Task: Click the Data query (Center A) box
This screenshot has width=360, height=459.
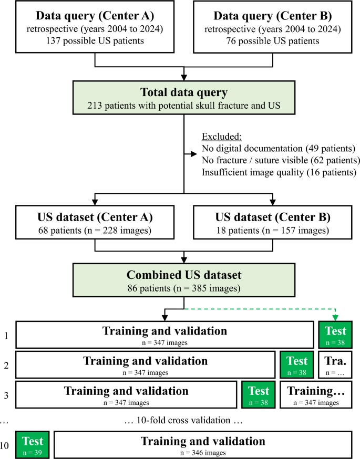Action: coord(94,26)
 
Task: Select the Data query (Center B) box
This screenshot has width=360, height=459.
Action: coord(273,26)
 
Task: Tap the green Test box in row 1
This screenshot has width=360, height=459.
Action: coord(335,335)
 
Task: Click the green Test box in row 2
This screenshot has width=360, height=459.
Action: coord(297,364)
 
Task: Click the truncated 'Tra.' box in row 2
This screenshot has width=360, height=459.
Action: coord(335,364)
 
